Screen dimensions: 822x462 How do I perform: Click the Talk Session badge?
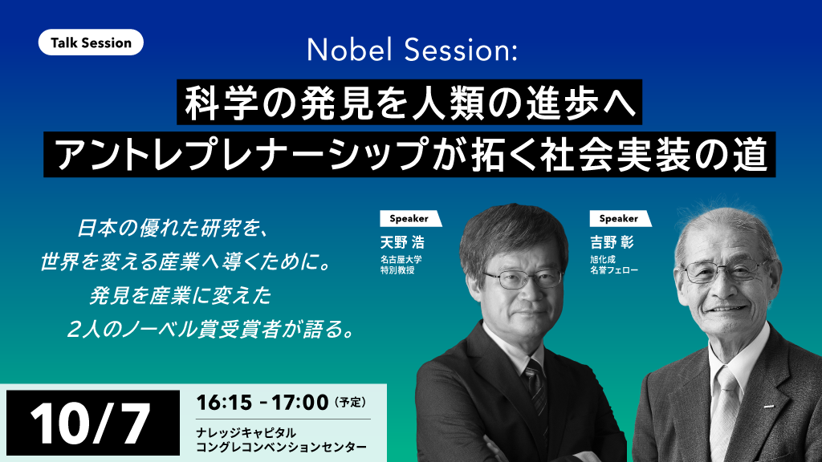[91, 43]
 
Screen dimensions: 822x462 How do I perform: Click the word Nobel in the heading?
[349, 51]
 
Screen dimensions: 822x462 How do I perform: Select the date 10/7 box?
[93, 423]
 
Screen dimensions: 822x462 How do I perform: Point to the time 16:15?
[224, 403]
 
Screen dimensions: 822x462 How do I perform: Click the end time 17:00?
[300, 403]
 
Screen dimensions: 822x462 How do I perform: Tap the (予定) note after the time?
[350, 403]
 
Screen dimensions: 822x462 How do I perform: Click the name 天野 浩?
[402, 242]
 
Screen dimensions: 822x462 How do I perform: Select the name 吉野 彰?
[612, 242]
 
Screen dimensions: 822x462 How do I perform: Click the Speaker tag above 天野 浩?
[410, 218]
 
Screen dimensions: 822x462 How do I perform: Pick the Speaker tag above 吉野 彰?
[620, 218]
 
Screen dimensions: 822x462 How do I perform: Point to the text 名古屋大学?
[401, 259]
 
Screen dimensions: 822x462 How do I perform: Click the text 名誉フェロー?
[614, 270]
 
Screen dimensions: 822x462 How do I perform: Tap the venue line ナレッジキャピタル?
[246, 433]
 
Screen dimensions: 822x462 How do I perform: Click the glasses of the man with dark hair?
[523, 278]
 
